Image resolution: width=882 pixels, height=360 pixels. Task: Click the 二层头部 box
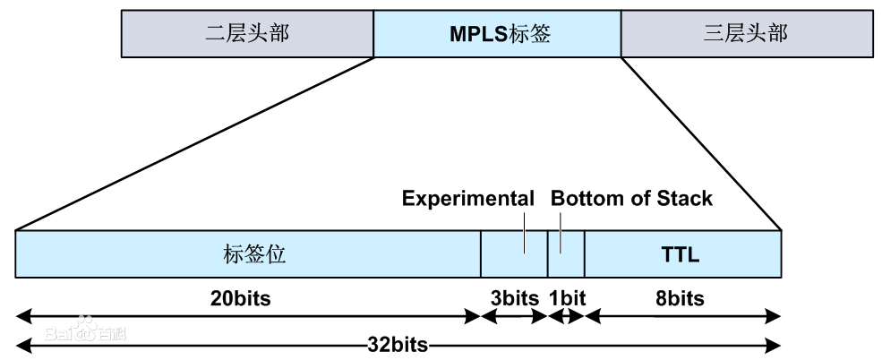click(x=247, y=34)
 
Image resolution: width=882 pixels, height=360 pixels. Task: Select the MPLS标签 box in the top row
click(x=497, y=34)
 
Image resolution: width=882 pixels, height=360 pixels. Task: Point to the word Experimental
click(x=467, y=198)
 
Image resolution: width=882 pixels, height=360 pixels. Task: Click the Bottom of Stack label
click(x=631, y=198)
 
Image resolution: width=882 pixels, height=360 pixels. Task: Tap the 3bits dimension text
click(x=514, y=297)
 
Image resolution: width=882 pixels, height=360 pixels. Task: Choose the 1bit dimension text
click(x=566, y=297)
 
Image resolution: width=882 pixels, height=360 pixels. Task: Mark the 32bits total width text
click(x=398, y=344)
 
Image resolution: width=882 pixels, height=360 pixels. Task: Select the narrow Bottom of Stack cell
click(x=566, y=253)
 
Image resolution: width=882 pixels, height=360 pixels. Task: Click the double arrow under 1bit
click(x=566, y=315)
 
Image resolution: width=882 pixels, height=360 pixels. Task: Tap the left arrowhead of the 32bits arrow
click(x=22, y=344)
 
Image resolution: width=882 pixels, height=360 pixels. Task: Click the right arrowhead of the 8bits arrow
click(x=775, y=315)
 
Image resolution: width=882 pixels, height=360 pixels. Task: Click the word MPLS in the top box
click(x=476, y=34)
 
